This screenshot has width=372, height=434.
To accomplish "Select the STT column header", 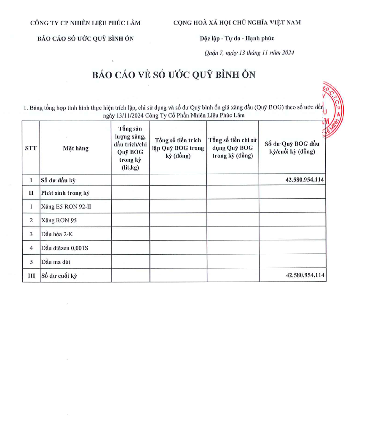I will pyautogui.click(x=31, y=148).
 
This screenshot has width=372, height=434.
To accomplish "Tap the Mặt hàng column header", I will pyautogui.click(x=76, y=148).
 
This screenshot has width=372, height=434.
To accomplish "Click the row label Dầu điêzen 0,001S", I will pyautogui.click(x=64, y=248).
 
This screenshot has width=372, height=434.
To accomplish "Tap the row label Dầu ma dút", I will pyautogui.click(x=56, y=262).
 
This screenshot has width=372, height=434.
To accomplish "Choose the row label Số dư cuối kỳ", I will pyautogui.click(x=59, y=276).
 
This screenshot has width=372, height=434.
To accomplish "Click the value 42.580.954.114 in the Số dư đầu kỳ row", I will pyautogui.click(x=305, y=180).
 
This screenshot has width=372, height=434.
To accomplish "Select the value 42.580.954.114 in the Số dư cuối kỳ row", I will pyautogui.click(x=305, y=275).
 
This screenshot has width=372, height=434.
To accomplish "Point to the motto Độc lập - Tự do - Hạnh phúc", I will pyautogui.click(x=237, y=38).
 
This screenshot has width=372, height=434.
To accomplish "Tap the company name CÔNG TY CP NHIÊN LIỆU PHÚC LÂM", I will pyautogui.click(x=86, y=23).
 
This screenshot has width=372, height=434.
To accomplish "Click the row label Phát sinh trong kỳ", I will pyautogui.click(x=65, y=193).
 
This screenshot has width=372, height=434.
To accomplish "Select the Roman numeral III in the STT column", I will pyautogui.click(x=31, y=276).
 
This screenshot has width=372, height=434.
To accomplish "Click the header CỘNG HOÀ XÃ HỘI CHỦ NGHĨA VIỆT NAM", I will pyautogui.click(x=237, y=22).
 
